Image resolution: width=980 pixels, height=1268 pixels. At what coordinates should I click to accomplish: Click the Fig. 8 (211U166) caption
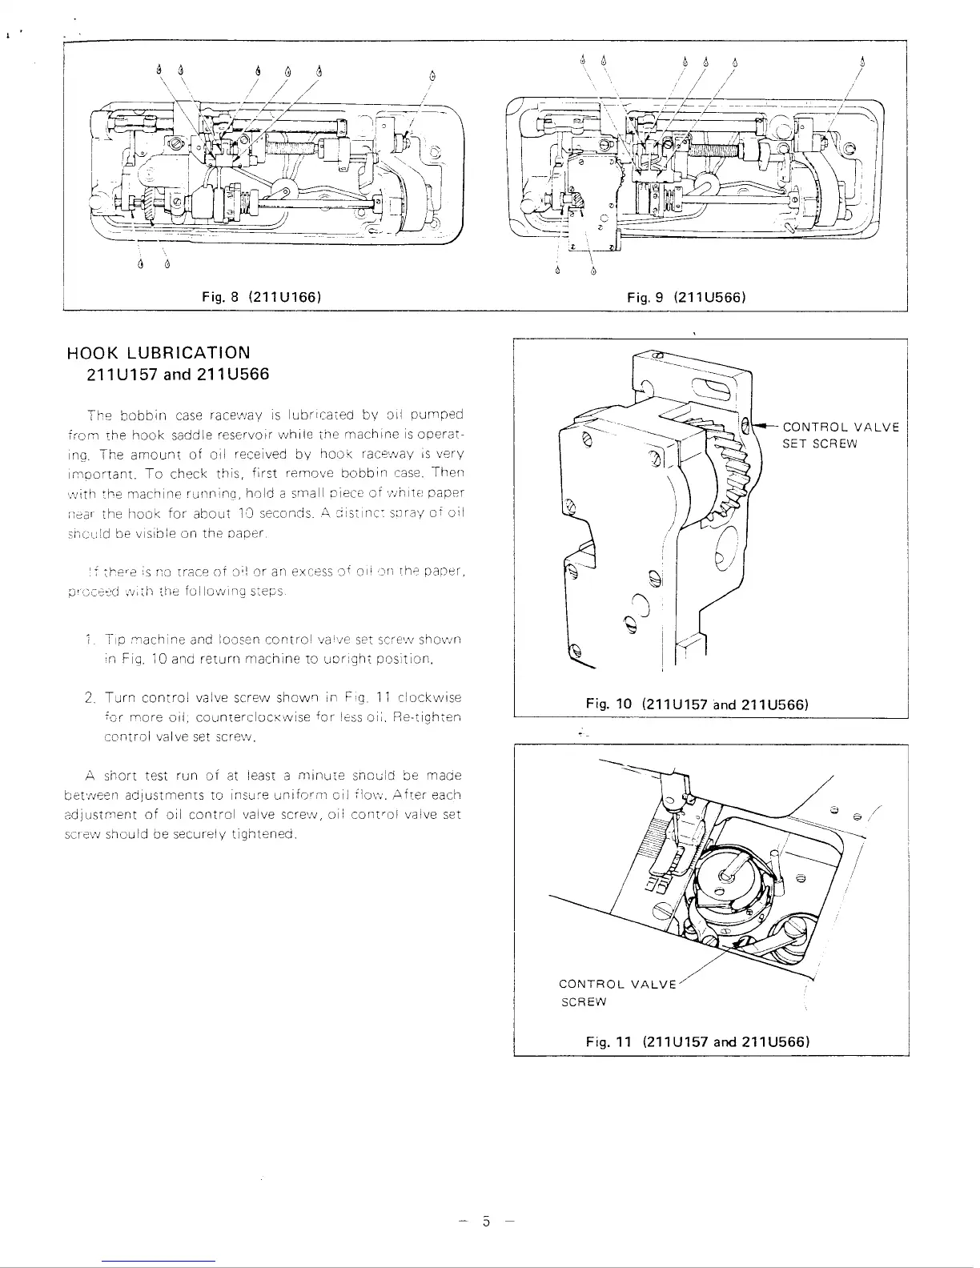pyautogui.click(x=262, y=297)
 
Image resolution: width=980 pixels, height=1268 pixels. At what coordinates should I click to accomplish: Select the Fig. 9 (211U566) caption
pyautogui.click(x=687, y=297)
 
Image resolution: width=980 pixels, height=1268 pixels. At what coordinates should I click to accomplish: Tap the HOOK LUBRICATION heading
pyautogui.click(x=159, y=352)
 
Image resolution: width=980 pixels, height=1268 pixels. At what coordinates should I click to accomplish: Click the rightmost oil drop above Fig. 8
pyautogui.click(x=432, y=76)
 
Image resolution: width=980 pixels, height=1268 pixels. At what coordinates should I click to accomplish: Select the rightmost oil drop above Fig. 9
pyautogui.click(x=863, y=61)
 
